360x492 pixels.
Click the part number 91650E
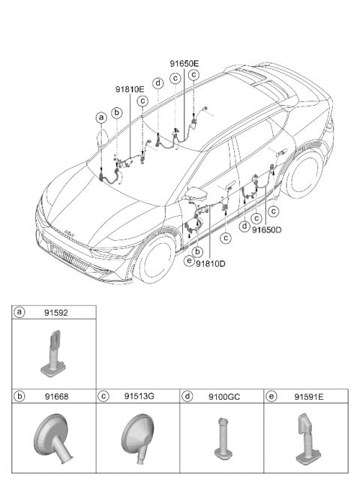tap(184, 64)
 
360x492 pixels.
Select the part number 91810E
tap(130, 89)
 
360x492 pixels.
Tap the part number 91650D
tap(267, 230)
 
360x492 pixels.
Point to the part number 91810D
tap(211, 264)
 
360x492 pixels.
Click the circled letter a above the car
tap(101, 118)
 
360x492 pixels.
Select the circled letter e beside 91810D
tap(189, 260)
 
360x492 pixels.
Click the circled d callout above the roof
tap(157, 83)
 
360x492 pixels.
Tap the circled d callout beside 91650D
tap(244, 226)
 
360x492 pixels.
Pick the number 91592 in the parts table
tap(56, 313)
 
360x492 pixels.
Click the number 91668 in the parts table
tap(56, 397)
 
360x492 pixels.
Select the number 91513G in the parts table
tap(139, 396)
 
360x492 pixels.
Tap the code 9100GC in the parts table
tap(224, 397)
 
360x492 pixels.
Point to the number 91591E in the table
tap(308, 397)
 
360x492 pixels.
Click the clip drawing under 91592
tap(54, 354)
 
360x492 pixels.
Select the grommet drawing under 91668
tap(52, 439)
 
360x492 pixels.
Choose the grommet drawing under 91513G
tap(138, 437)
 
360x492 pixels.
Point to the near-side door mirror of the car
tap(195, 194)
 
